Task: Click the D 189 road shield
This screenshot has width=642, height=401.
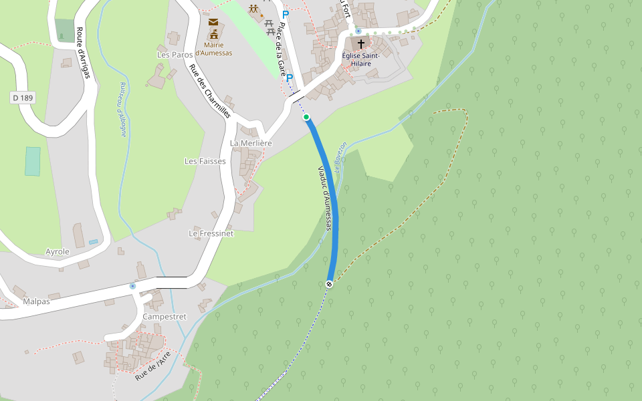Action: (x=23, y=98)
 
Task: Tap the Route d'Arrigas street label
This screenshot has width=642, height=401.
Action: (x=82, y=53)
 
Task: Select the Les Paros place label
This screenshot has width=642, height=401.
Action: (x=175, y=54)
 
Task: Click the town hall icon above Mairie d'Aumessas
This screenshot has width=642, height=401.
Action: (x=214, y=34)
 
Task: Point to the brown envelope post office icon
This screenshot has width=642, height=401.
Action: (x=213, y=22)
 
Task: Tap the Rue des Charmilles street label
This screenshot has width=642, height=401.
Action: (x=209, y=91)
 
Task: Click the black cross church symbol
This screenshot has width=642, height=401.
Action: (x=361, y=43)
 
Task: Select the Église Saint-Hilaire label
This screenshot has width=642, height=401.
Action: (x=361, y=59)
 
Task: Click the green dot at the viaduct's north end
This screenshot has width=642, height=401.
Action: (x=306, y=117)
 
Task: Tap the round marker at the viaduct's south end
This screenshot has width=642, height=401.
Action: (x=329, y=284)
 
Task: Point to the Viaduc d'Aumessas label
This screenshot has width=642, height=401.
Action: (x=324, y=198)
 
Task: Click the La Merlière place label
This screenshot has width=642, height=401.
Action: (x=251, y=143)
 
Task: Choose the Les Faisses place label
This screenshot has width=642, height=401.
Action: (x=205, y=161)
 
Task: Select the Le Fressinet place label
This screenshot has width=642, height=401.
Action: (x=211, y=233)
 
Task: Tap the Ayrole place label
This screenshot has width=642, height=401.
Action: (x=58, y=251)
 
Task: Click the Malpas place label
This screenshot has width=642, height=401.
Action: (x=36, y=301)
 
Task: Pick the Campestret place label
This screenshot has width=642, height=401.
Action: (x=164, y=316)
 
